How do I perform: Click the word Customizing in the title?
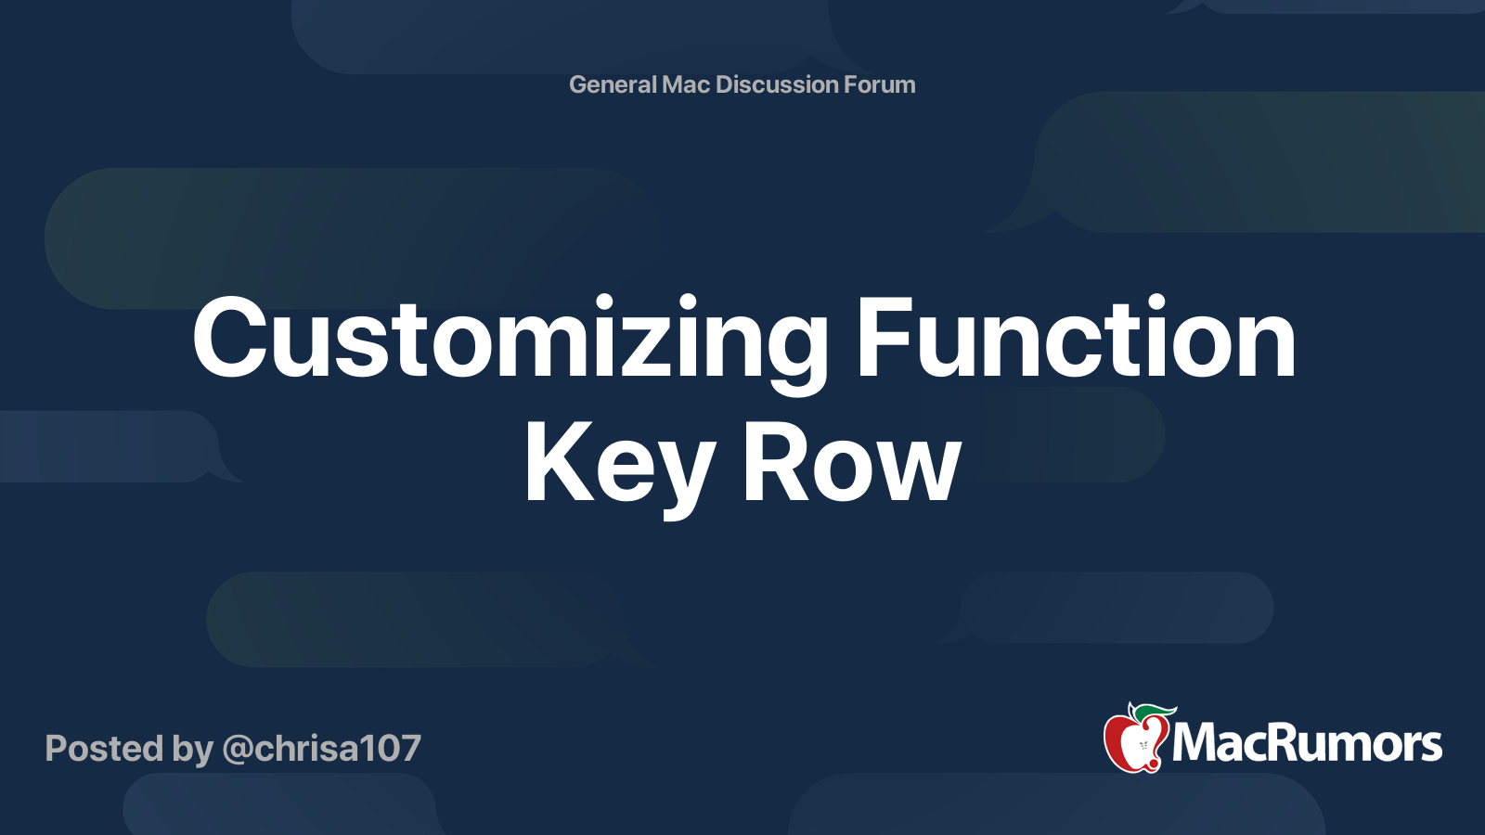click(x=510, y=344)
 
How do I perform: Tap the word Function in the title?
click(x=1076, y=337)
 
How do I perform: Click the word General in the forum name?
click(x=613, y=84)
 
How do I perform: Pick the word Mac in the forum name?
click(x=686, y=84)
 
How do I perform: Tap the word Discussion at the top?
click(x=777, y=84)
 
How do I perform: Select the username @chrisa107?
click(x=321, y=749)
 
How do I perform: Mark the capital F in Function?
click(x=886, y=337)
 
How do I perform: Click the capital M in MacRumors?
click(x=1196, y=743)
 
